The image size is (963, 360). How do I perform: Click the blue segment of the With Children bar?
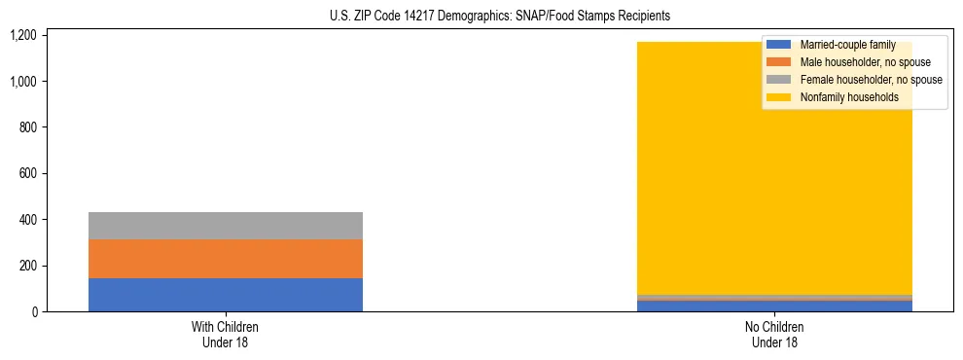(225, 295)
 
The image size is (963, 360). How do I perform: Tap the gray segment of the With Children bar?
(225, 226)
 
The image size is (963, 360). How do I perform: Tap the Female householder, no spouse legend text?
(871, 80)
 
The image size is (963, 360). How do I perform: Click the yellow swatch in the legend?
(780, 97)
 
